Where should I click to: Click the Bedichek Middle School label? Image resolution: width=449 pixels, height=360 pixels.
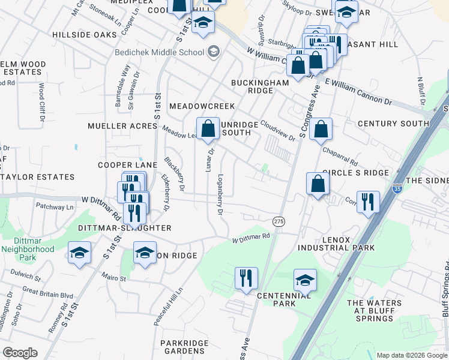click(x=160, y=52)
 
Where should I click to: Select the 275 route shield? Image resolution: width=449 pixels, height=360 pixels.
click(x=279, y=221)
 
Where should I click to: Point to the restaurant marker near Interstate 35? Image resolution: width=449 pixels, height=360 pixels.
click(x=367, y=202)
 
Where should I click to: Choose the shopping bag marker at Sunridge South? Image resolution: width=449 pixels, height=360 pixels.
click(x=208, y=128)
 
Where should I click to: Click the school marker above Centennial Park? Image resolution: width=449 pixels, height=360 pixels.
click(x=305, y=280)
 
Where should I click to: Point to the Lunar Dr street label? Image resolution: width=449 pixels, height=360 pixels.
click(x=210, y=160)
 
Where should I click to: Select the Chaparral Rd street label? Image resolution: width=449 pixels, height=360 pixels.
click(x=340, y=156)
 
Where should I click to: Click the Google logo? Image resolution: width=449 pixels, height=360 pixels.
click(x=20, y=352)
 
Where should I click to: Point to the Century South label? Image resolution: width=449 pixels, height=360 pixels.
click(x=393, y=124)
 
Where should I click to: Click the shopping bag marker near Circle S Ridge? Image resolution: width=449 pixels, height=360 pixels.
click(x=318, y=184)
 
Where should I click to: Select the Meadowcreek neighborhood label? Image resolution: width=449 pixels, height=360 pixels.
click(x=202, y=106)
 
